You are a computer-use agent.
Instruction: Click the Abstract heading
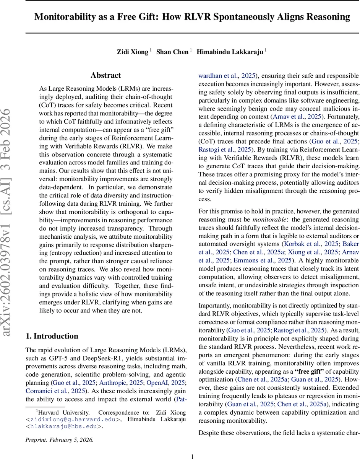[x=105, y=75]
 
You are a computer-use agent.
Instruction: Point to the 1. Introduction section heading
[x=52, y=336]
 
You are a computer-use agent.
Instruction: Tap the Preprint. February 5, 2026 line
[x=59, y=439]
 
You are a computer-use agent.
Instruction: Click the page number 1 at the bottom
[x=193, y=456]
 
